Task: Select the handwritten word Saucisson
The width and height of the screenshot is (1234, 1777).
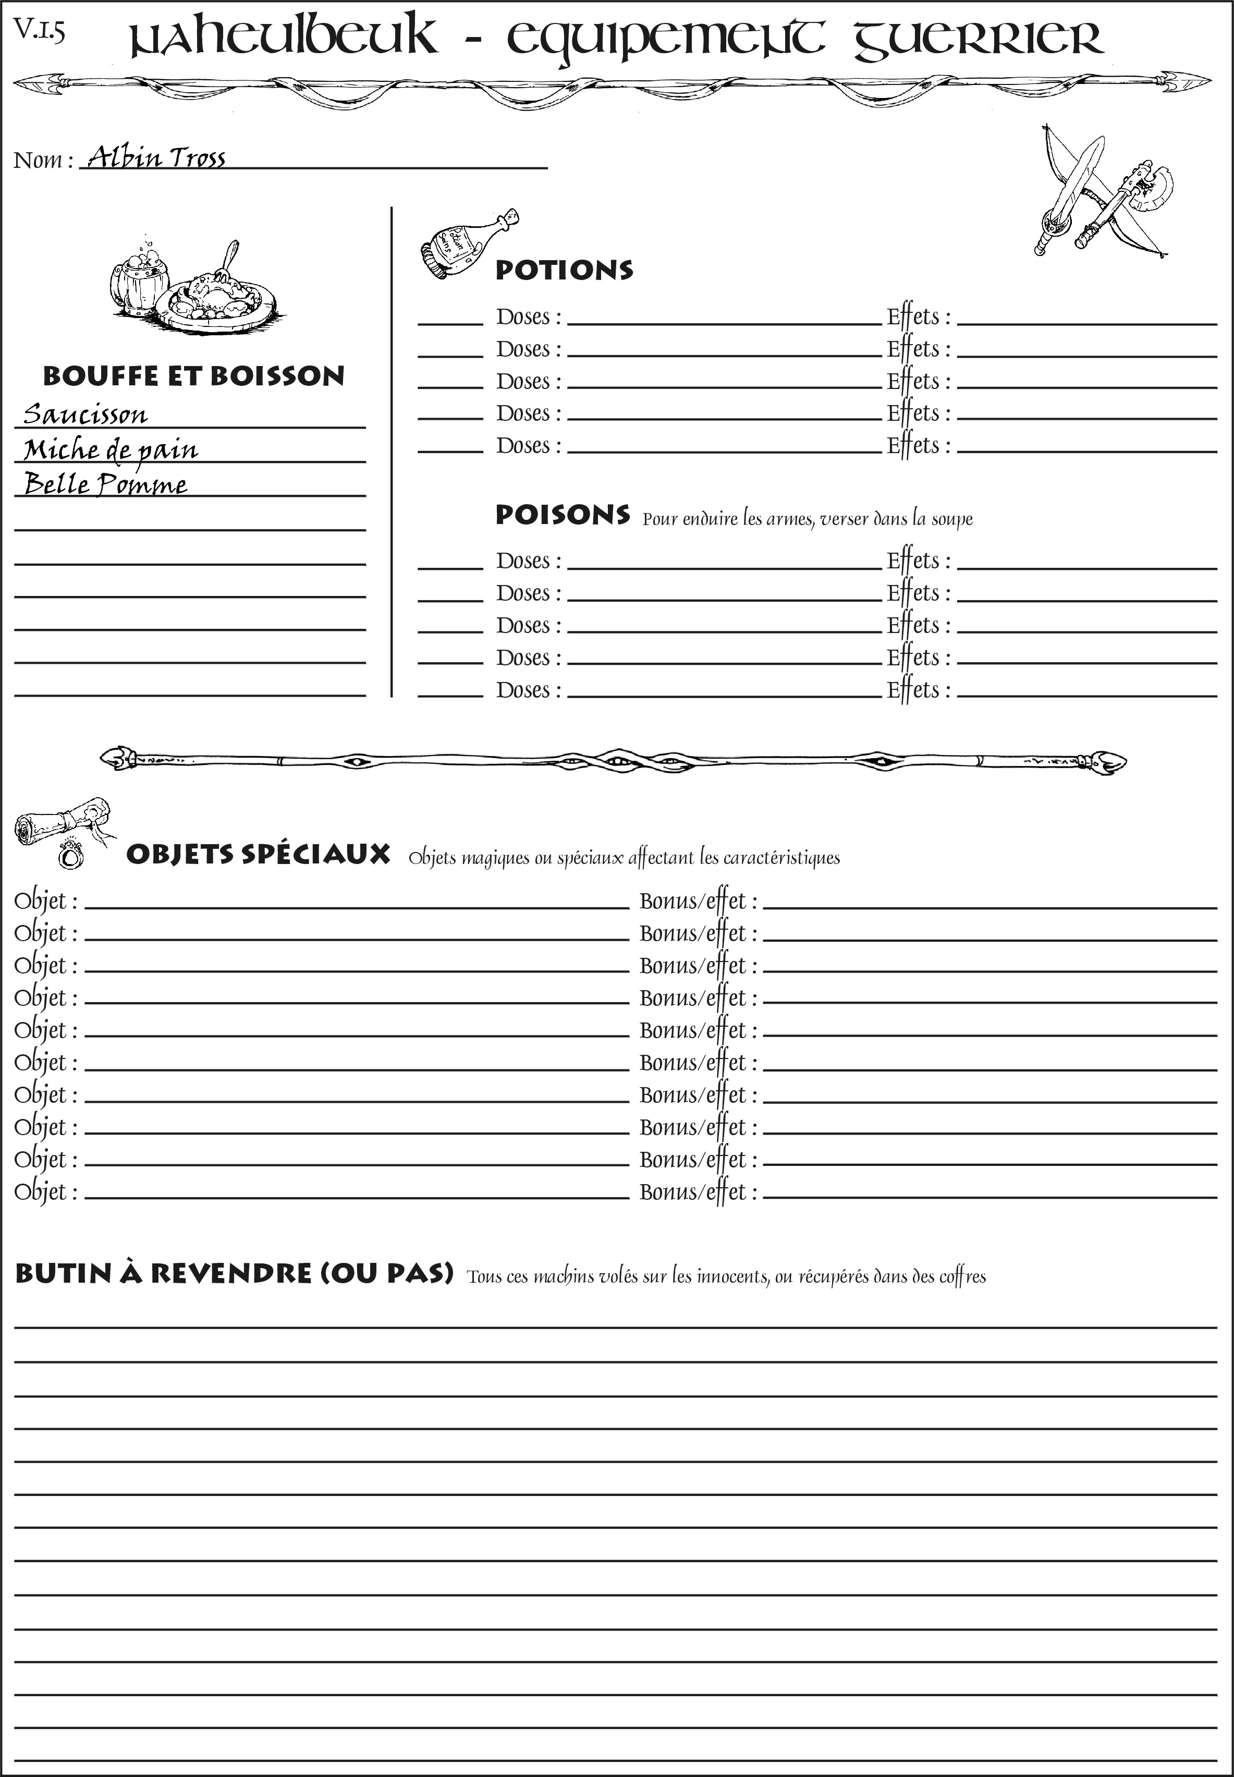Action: point(85,415)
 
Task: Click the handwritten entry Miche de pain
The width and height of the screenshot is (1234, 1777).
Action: point(111,450)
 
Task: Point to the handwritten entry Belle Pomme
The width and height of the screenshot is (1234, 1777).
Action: point(106,485)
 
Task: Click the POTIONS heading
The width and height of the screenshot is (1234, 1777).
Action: point(564,270)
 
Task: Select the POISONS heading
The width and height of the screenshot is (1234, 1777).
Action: point(562,515)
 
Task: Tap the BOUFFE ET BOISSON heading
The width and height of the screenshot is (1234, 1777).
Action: point(193,376)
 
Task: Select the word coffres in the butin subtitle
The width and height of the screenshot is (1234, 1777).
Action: point(962,1276)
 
